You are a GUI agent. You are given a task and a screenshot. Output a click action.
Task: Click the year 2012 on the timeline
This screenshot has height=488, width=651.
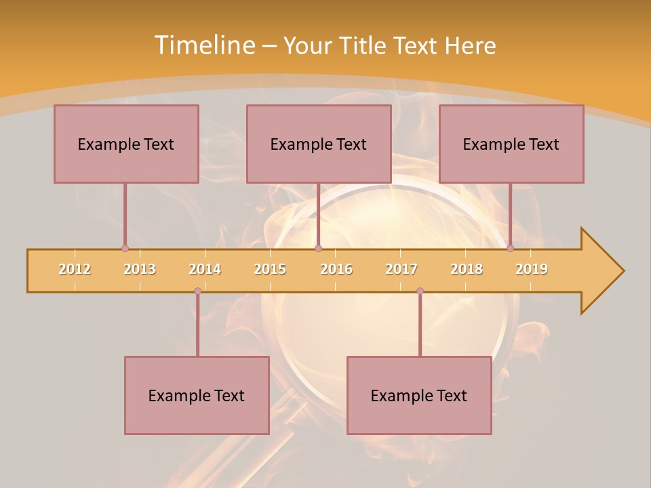coord(75,269)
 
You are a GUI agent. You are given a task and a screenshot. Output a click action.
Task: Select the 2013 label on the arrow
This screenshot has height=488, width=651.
coord(140,269)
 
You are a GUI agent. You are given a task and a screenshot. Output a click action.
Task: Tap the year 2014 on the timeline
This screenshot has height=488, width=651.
coord(205,269)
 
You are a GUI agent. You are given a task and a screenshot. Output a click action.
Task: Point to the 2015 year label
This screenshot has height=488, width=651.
coord(270,269)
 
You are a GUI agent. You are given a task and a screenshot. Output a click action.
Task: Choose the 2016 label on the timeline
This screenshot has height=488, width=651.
coord(336,269)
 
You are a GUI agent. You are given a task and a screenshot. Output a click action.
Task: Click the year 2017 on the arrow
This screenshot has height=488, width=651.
coord(401,269)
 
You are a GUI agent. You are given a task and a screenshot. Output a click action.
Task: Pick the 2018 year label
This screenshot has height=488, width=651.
coord(467,269)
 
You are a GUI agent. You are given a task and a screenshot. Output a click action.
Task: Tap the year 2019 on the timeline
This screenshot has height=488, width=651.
coord(532,269)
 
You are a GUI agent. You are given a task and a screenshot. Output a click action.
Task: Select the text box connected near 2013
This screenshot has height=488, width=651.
coord(126,144)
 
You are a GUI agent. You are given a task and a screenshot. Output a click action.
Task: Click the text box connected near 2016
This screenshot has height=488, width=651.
coord(319,144)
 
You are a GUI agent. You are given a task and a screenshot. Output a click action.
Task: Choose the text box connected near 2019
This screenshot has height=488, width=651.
coord(511,144)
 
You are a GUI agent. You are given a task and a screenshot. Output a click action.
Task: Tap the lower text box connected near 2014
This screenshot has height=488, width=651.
coord(197,395)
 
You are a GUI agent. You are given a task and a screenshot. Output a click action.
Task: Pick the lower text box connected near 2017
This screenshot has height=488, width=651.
coord(419,395)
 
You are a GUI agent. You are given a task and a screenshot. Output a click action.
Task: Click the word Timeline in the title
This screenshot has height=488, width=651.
coord(203,45)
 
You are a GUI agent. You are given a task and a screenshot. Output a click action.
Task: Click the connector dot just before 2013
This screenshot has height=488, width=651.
coord(125,248)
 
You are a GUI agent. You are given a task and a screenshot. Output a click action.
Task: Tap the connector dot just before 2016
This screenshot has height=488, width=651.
coord(318,248)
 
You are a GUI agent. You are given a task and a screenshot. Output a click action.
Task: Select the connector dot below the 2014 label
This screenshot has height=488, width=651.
coord(197,291)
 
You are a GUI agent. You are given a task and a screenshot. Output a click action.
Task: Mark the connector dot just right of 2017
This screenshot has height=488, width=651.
coord(420,291)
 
